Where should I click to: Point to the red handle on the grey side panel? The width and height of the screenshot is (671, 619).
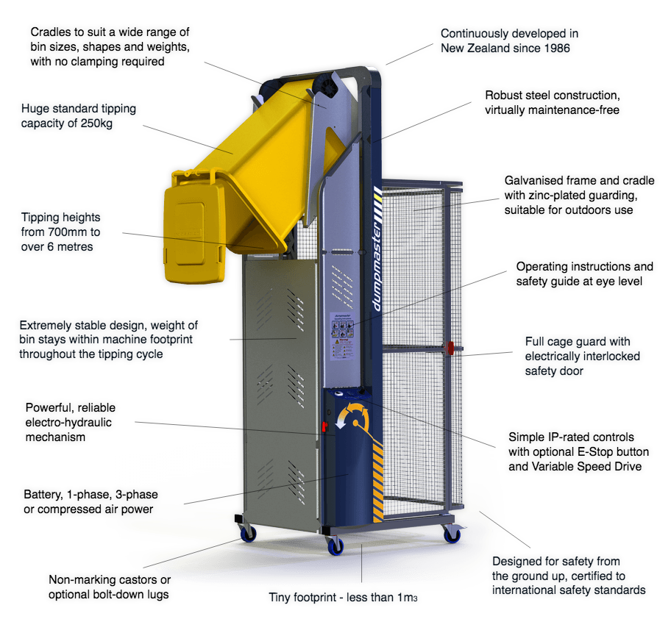(322, 427)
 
